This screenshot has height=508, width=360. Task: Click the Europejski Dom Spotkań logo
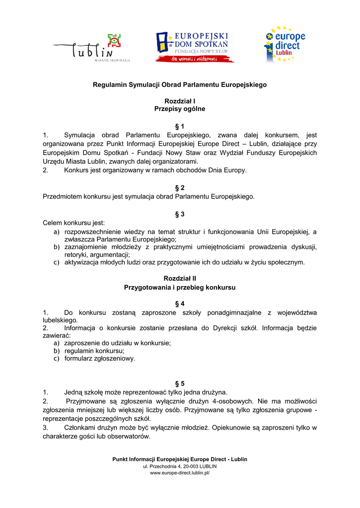[x=194, y=47]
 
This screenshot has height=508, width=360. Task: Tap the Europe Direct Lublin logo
[x=284, y=44]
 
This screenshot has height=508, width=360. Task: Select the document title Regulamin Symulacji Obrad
[x=180, y=85]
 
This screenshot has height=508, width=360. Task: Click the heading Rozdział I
[x=180, y=101]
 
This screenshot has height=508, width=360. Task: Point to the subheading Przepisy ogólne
[x=180, y=109]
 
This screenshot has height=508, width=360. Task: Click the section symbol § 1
[x=180, y=127]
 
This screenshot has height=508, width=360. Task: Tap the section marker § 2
[x=180, y=188]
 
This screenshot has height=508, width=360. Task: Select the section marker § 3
[x=180, y=214]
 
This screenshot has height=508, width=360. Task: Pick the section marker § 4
[x=180, y=303]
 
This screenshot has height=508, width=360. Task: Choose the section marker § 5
[x=180, y=383]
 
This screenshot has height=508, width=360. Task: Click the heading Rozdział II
[x=180, y=279]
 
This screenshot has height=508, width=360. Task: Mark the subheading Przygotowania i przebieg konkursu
[x=180, y=287]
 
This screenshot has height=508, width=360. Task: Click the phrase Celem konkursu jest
[x=74, y=223]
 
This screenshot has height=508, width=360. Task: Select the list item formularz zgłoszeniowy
[x=100, y=358]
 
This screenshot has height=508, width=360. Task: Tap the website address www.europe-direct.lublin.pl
[x=180, y=473]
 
